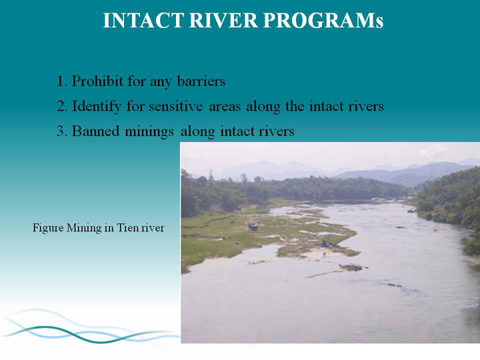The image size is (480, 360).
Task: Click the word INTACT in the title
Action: (143, 21)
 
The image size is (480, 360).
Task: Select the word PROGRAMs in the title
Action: (323, 21)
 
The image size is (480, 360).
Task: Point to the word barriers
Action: (201, 81)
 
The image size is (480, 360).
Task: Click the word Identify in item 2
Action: (97, 107)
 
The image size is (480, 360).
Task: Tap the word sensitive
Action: (176, 106)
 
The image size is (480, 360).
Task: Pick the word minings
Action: (149, 132)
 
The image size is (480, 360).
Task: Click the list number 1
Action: (61, 81)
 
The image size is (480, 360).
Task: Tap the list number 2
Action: (61, 107)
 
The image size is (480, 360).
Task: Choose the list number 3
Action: (61, 131)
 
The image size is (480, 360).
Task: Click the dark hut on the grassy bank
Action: (253, 227)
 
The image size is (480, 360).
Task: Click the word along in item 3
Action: (197, 132)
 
